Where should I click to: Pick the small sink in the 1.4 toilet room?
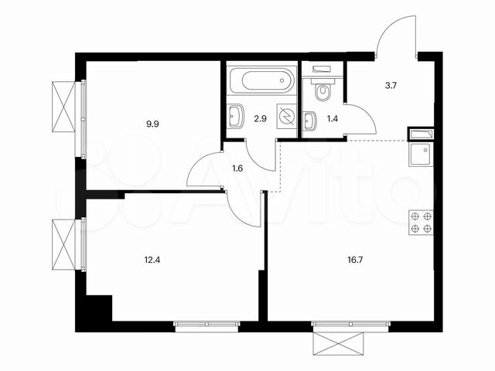(310, 121)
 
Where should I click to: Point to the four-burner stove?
(422, 223)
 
